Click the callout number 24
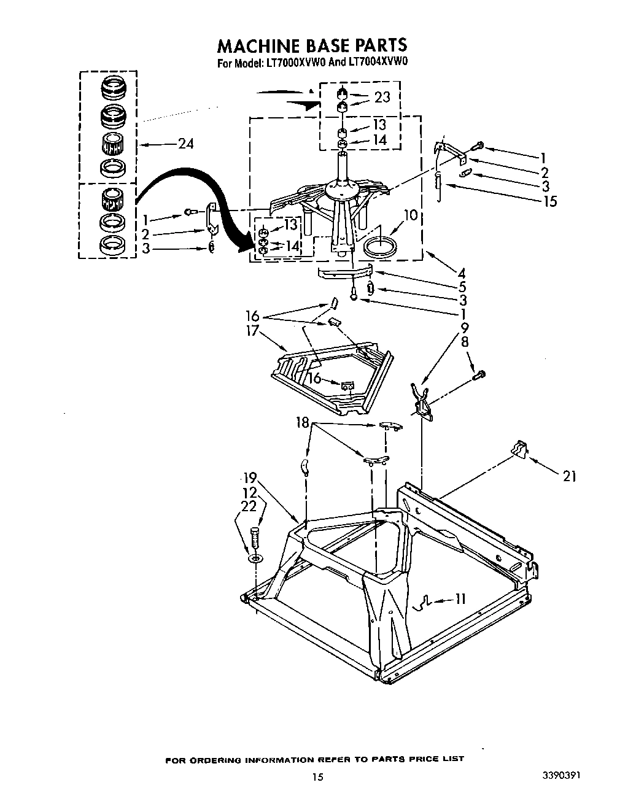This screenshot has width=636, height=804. pos(185,144)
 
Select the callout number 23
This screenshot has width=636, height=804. pos(382,97)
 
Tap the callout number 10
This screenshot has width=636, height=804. pos(411,215)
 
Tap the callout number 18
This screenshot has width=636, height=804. pos(303,423)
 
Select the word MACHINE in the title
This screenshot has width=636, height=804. pos(255,46)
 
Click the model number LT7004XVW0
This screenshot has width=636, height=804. pos(379,62)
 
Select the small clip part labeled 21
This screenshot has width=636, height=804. pos(519,449)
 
